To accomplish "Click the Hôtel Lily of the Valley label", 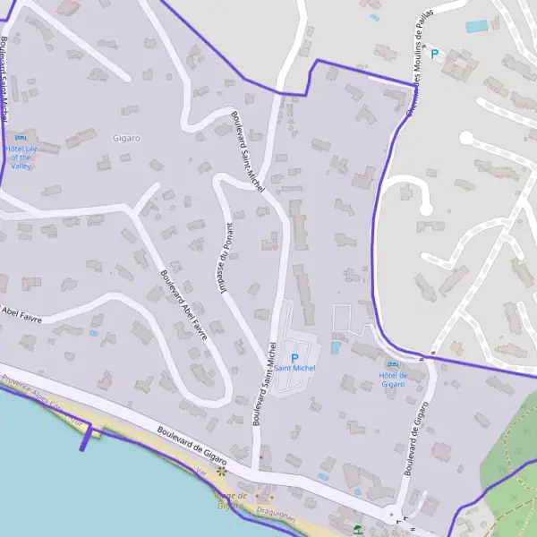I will [20, 157].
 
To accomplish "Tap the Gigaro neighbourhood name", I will [127, 138].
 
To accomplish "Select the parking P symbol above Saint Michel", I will [294, 358].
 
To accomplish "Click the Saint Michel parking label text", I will [294, 368].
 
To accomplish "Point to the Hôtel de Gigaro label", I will [393, 379].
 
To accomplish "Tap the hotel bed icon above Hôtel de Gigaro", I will [393, 364].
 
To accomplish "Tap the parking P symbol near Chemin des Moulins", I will [435, 54].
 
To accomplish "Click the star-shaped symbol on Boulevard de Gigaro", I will [221, 470].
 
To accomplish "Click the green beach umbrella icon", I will [358, 529].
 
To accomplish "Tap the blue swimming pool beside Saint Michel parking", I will [336, 347].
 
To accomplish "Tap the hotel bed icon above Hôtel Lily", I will [20, 137].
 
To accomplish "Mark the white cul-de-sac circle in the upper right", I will [465, 138].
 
